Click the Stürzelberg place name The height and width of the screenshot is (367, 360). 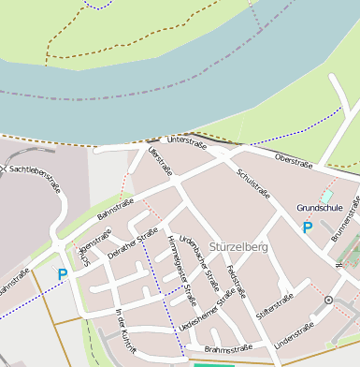point(238,247)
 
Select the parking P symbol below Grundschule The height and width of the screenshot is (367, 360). point(307,228)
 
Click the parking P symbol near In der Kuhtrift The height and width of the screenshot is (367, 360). point(63,274)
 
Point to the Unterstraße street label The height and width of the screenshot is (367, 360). point(186,141)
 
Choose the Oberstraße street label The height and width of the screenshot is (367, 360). point(293,161)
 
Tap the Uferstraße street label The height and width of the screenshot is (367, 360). point(160,160)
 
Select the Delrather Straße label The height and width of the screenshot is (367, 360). point(132,247)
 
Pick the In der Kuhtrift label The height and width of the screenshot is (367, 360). point(125,331)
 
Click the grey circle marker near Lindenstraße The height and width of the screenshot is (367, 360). point(328,300)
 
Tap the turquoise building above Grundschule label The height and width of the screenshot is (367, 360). point(326,196)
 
